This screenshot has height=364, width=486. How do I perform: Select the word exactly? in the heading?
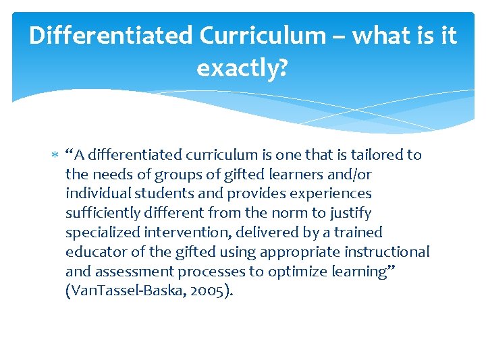[x=242, y=67]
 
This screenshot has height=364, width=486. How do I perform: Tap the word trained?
[x=355, y=233]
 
